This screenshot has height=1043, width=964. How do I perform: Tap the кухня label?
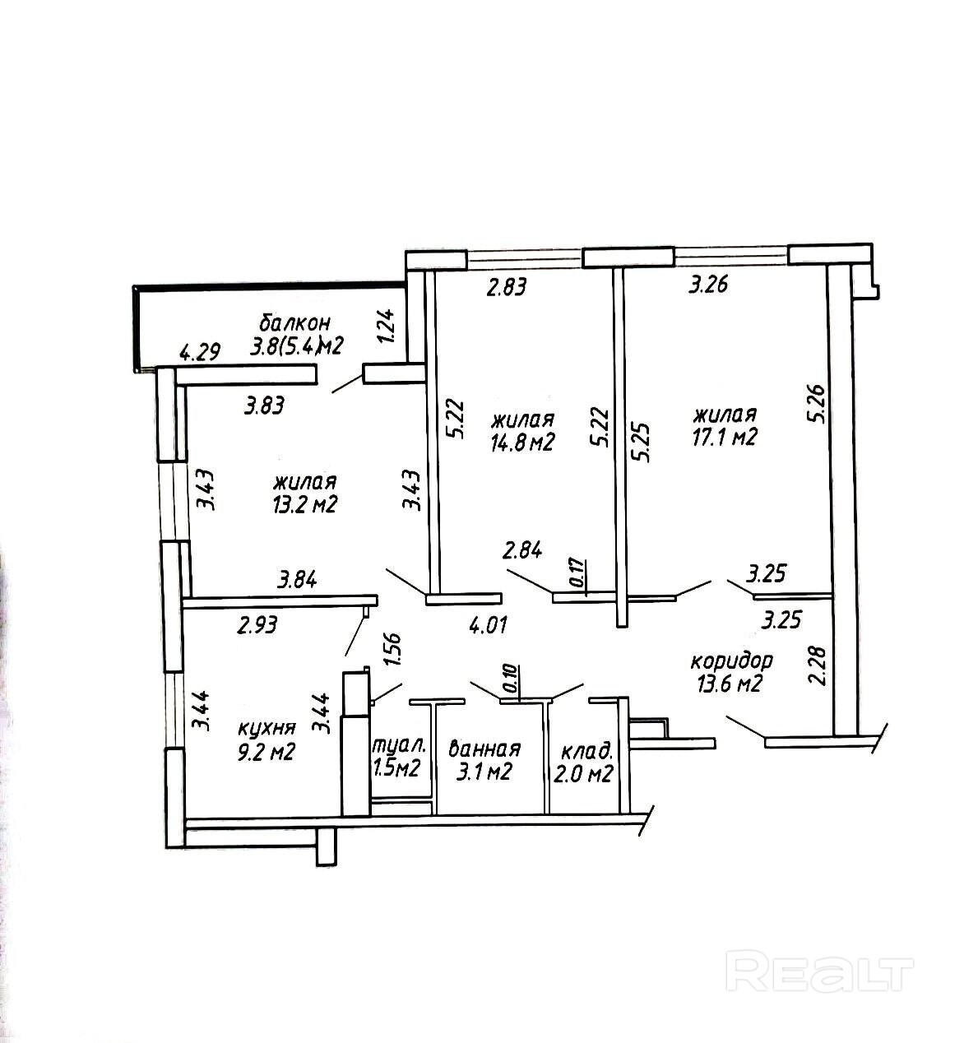(266, 728)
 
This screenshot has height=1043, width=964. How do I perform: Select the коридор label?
(731, 661)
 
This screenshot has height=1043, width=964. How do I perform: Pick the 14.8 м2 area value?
(523, 442)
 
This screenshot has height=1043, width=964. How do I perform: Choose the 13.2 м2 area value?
(306, 504)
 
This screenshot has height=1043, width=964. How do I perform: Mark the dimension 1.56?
(392, 652)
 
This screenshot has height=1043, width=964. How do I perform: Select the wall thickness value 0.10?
(511, 680)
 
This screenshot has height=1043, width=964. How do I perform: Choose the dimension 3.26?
(711, 286)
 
